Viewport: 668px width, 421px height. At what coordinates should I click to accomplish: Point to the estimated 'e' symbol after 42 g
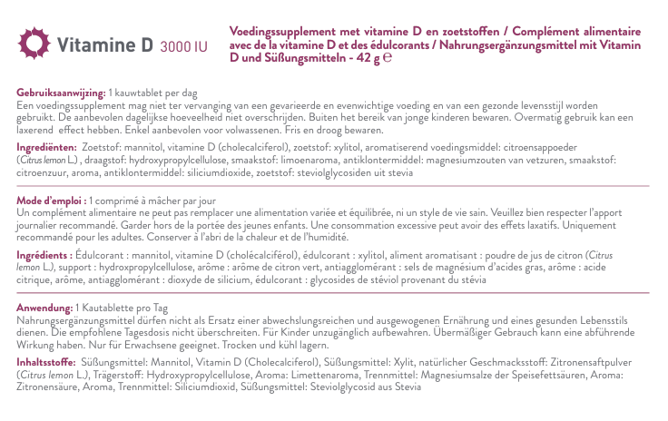[x=388, y=56]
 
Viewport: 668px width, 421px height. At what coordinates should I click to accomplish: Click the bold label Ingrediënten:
[x=46, y=146]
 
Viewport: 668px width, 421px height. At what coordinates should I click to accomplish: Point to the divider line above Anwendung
[x=333, y=297]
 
